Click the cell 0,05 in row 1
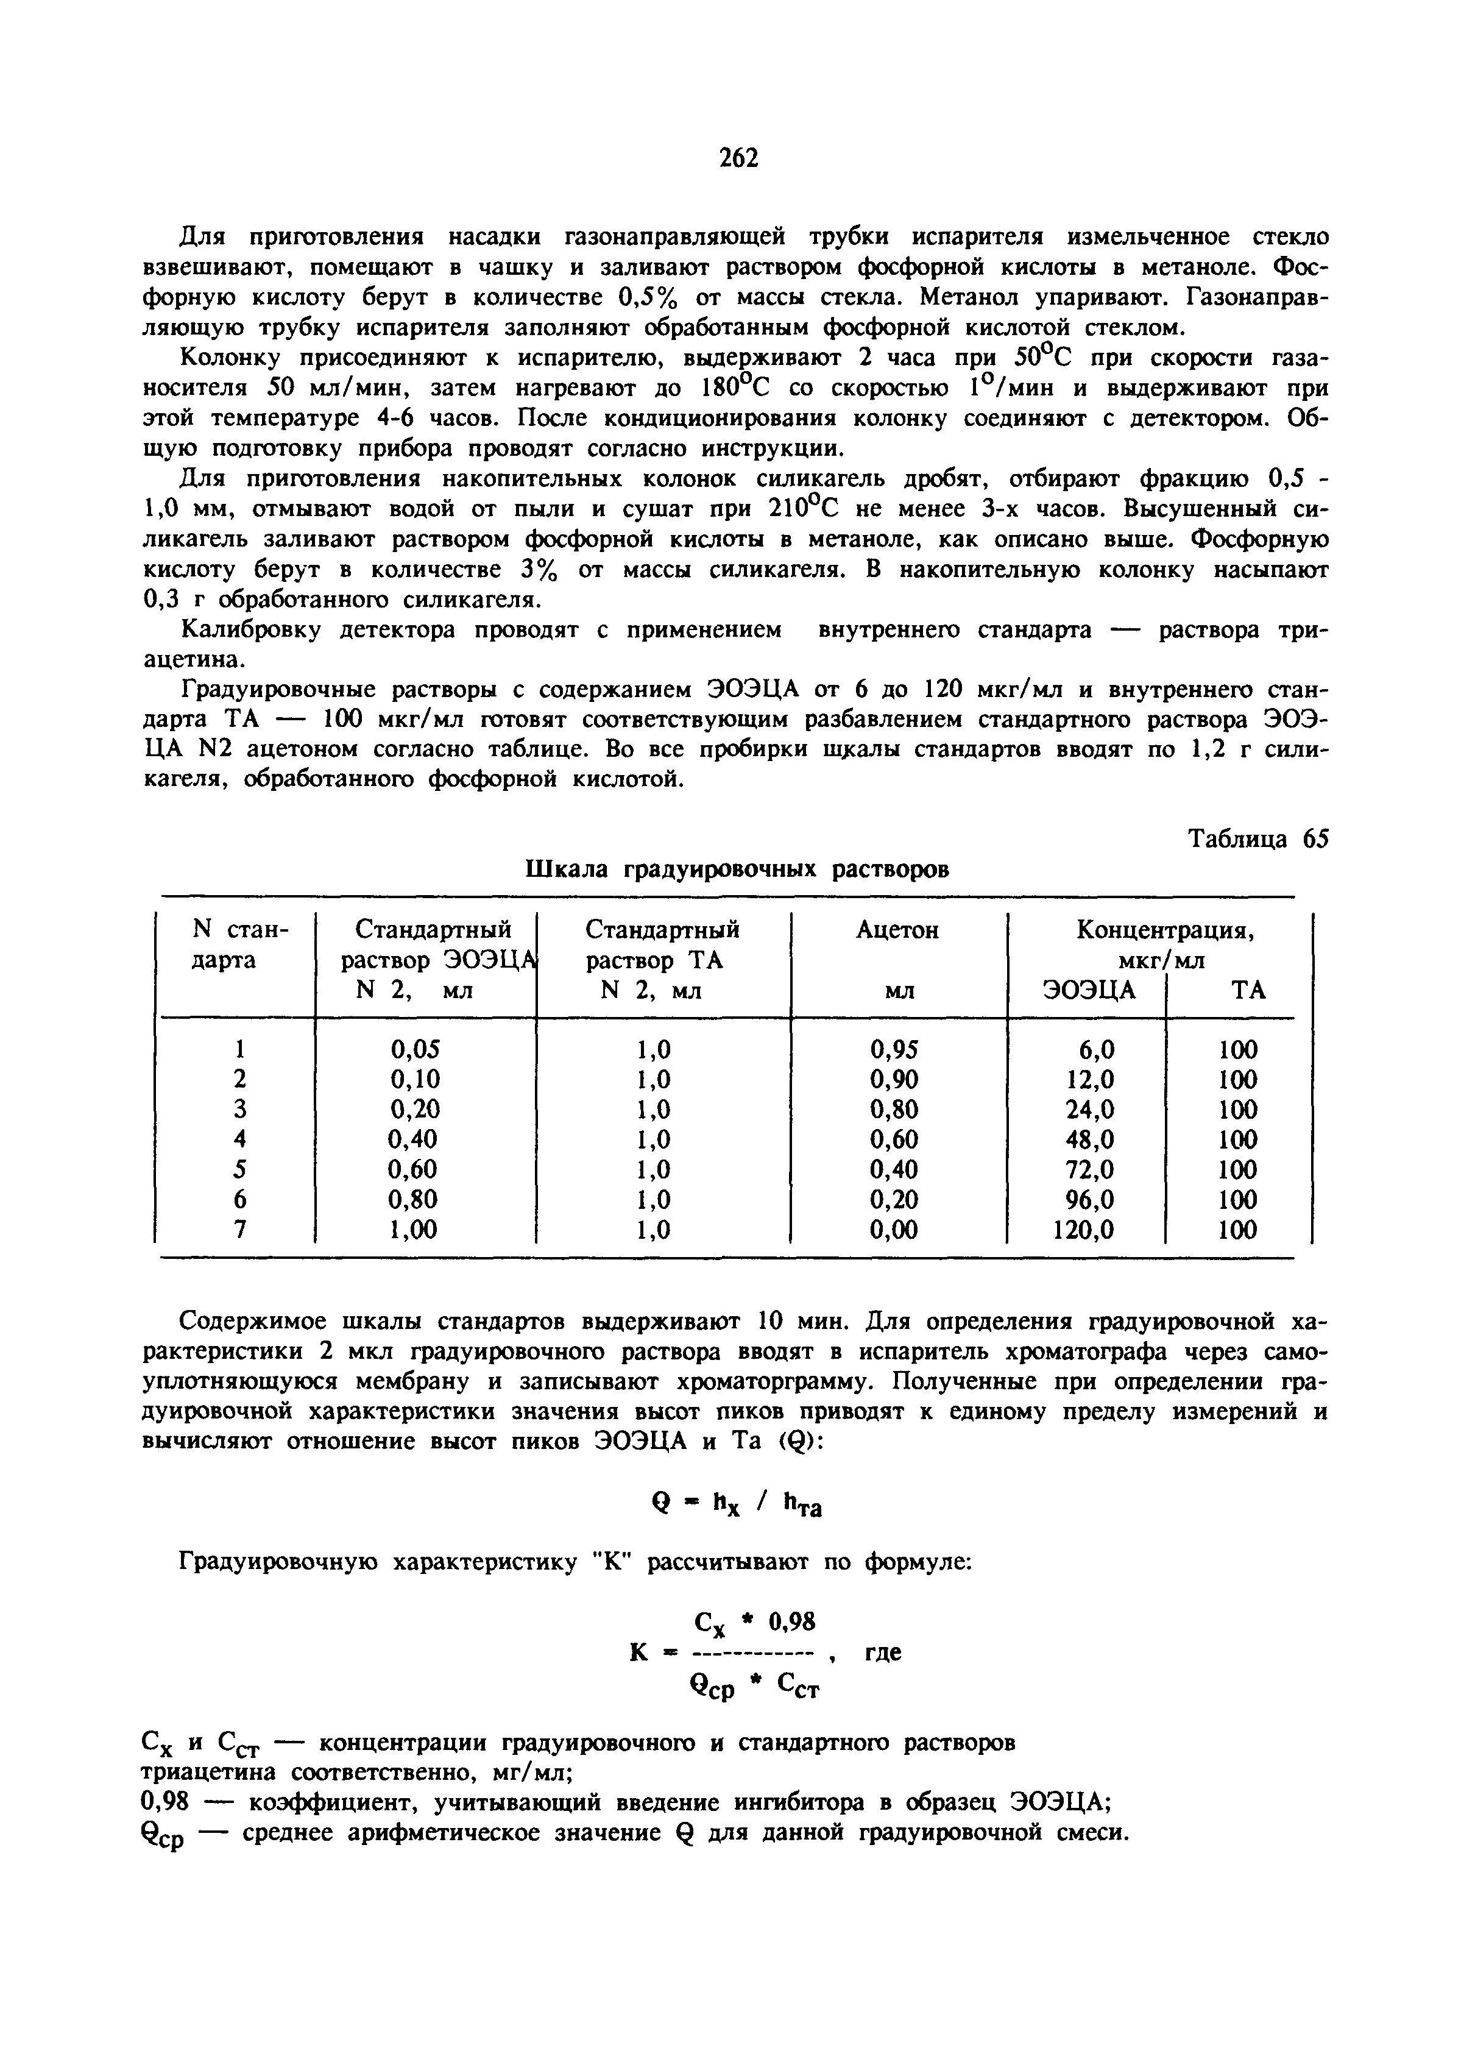414,1049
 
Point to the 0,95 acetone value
894,1049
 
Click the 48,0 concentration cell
1090,1139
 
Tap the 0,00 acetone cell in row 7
894,1229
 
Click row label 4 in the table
239,1139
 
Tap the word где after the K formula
883,1653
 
